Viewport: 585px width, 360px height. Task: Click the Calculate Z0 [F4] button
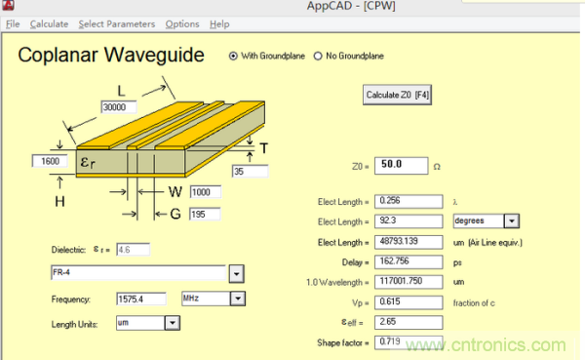(x=397, y=95)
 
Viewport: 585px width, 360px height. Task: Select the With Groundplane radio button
(x=233, y=56)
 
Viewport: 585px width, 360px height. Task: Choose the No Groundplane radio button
(x=318, y=56)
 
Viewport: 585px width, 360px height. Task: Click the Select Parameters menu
(x=117, y=24)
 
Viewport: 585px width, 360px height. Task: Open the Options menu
(x=182, y=24)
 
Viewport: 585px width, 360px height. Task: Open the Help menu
(x=219, y=24)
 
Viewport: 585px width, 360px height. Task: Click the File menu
(x=13, y=24)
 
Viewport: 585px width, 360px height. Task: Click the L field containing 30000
(x=119, y=107)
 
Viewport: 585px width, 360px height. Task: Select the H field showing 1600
(x=50, y=161)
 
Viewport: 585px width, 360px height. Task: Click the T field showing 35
(x=250, y=172)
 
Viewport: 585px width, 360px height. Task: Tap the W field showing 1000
(x=205, y=192)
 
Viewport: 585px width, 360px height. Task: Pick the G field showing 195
(x=205, y=215)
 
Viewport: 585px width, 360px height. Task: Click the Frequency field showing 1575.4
(x=141, y=300)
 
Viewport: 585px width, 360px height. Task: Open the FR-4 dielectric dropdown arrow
(x=236, y=274)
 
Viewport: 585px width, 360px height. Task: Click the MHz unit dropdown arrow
(x=238, y=299)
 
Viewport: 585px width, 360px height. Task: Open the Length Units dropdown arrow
(x=173, y=323)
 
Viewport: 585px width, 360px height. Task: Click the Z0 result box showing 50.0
(x=401, y=166)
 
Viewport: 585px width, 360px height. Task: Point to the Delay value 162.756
(x=409, y=261)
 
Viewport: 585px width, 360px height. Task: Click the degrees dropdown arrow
(x=512, y=221)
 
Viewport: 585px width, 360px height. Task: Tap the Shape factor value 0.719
(x=409, y=342)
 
